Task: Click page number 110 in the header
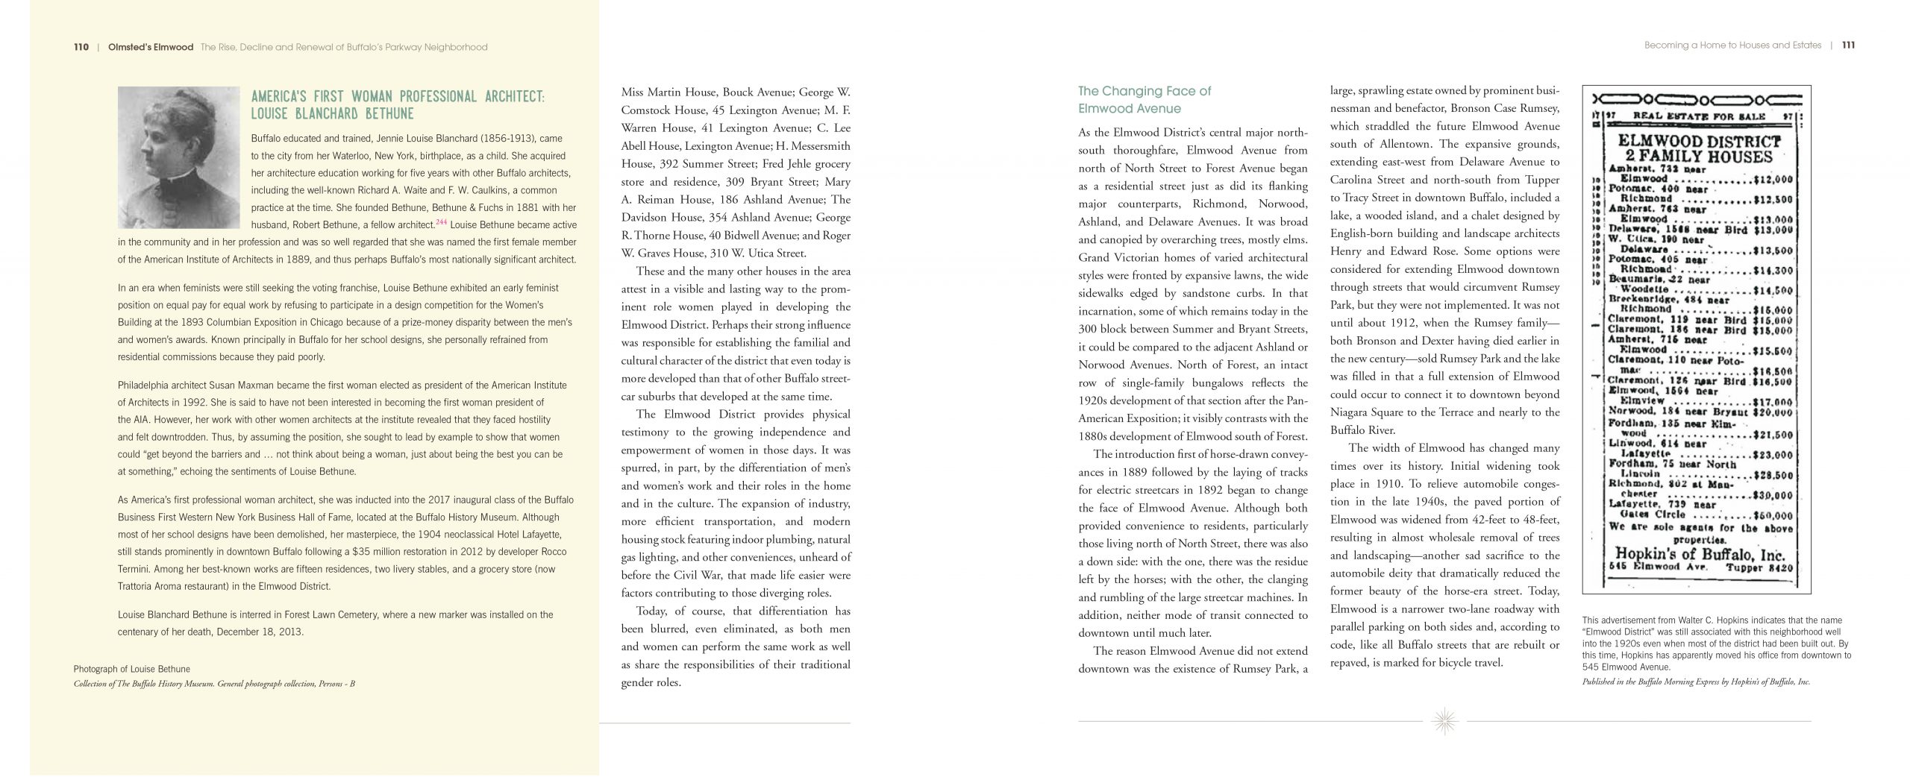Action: pyautogui.click(x=81, y=47)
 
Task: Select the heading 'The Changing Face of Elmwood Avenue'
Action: pyautogui.click(x=1144, y=100)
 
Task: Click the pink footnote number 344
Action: pyautogui.click(x=441, y=222)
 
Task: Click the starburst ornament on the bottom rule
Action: pyautogui.click(x=1445, y=721)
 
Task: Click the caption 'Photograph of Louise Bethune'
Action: pyautogui.click(x=132, y=669)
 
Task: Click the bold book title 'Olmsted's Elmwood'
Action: pyautogui.click(x=150, y=47)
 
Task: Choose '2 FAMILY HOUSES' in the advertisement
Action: pyautogui.click(x=1694, y=157)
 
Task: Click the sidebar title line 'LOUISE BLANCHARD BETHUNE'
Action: pyautogui.click(x=333, y=114)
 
